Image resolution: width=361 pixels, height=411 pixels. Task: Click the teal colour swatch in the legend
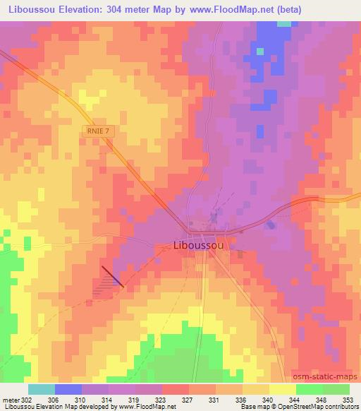click(42, 390)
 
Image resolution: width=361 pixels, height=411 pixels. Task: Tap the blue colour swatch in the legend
click(68, 390)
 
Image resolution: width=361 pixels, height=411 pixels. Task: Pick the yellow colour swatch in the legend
click(282, 390)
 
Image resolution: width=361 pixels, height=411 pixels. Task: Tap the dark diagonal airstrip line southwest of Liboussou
click(112, 276)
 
